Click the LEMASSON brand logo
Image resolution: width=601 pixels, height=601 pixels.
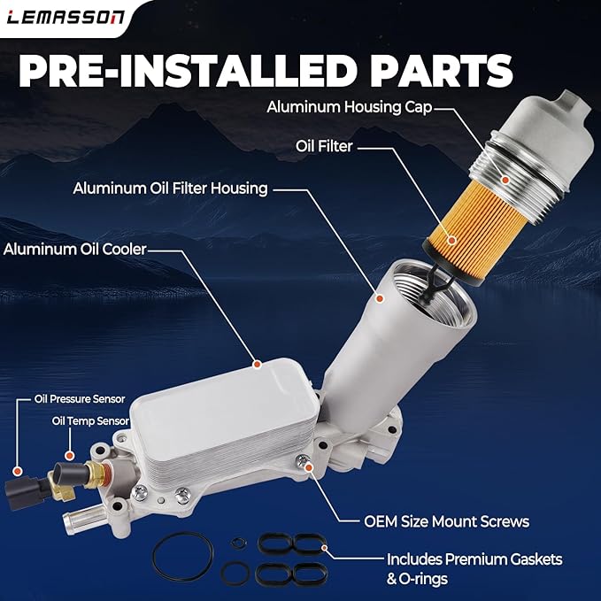pos(65,17)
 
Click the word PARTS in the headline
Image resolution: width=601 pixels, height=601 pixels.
pos(441,71)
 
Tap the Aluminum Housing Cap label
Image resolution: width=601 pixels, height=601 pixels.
pos(349,107)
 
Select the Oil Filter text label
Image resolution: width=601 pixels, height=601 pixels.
pos(324,146)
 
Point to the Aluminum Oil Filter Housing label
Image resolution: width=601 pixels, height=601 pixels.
pos(170,189)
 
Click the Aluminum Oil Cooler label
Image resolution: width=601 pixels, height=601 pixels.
pos(74,250)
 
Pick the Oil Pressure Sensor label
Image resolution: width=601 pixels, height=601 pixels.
pos(80,399)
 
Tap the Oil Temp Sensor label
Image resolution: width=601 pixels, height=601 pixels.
pos(90,420)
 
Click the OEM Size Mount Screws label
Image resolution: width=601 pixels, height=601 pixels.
pos(446,521)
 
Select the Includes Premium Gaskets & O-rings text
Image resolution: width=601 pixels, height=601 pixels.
pos(474,569)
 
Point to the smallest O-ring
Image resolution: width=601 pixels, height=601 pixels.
pos(238,543)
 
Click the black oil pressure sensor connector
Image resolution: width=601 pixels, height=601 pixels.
pos(23,492)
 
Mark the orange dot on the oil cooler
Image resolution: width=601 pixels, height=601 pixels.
pos(258,364)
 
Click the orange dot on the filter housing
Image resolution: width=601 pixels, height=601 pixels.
pos(380,298)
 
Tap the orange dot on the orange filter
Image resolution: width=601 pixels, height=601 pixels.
pos(452,241)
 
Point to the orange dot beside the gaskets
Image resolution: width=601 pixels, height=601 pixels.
pos(325,548)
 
